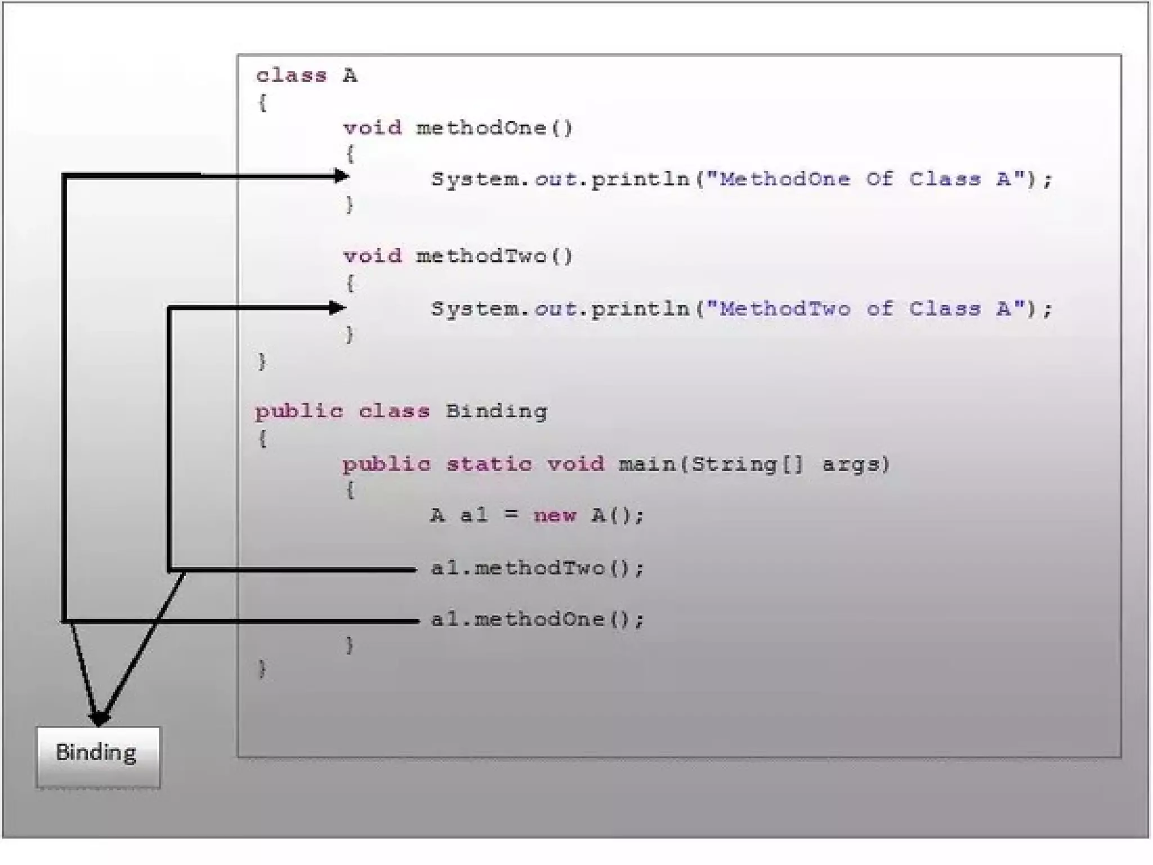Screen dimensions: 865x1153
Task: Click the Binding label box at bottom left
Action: pos(98,756)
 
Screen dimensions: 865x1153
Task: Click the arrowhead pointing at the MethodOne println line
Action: pos(341,176)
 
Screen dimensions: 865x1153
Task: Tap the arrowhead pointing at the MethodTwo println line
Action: pos(337,307)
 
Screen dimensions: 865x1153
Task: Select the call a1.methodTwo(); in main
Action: pos(537,568)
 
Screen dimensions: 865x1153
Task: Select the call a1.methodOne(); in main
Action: pos(537,620)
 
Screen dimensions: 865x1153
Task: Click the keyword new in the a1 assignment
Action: pos(555,515)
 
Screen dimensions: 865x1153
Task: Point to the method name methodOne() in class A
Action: pos(494,128)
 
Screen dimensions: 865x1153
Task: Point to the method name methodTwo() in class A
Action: pos(494,257)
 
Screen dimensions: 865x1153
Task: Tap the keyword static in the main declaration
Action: pos(489,464)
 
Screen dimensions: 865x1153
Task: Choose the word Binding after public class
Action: pos(496,412)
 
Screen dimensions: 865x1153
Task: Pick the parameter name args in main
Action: pos(854,464)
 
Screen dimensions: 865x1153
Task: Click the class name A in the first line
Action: pos(350,75)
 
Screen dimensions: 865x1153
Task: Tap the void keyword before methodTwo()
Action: pos(372,257)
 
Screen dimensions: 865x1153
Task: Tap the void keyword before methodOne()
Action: pos(372,128)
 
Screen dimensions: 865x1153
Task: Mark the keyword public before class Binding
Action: pos(298,412)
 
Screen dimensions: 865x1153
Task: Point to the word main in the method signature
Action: pos(647,464)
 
